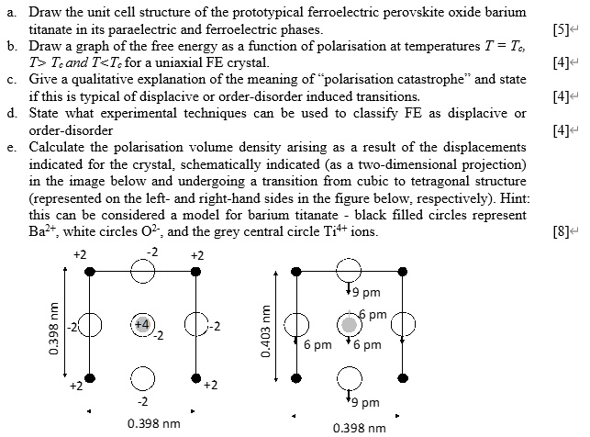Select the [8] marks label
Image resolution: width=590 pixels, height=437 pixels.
pyautogui.click(x=561, y=230)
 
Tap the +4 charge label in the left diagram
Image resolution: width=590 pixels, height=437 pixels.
pyautogui.click(x=141, y=324)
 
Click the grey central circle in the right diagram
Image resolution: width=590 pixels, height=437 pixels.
pyautogui.click(x=348, y=324)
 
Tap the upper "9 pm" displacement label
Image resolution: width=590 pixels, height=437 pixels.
pyautogui.click(x=365, y=294)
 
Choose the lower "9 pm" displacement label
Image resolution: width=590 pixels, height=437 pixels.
pyautogui.click(x=365, y=402)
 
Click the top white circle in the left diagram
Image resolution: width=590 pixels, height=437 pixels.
pyautogui.click(x=142, y=271)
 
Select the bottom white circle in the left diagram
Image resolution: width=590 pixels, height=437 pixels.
pyautogui.click(x=142, y=377)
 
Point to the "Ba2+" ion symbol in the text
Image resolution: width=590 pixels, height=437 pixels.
pyautogui.click(x=48, y=230)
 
